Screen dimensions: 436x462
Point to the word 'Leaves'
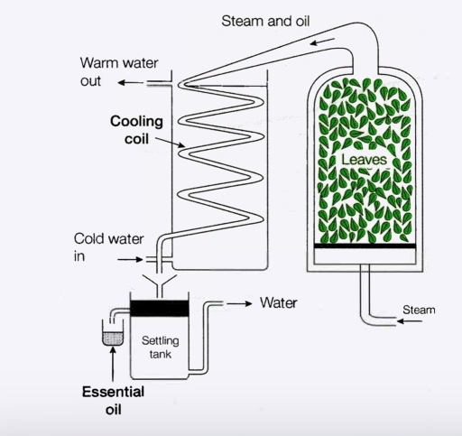point(364,160)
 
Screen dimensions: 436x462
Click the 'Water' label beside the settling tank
point(278,302)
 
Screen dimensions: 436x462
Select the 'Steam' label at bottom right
point(419,310)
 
